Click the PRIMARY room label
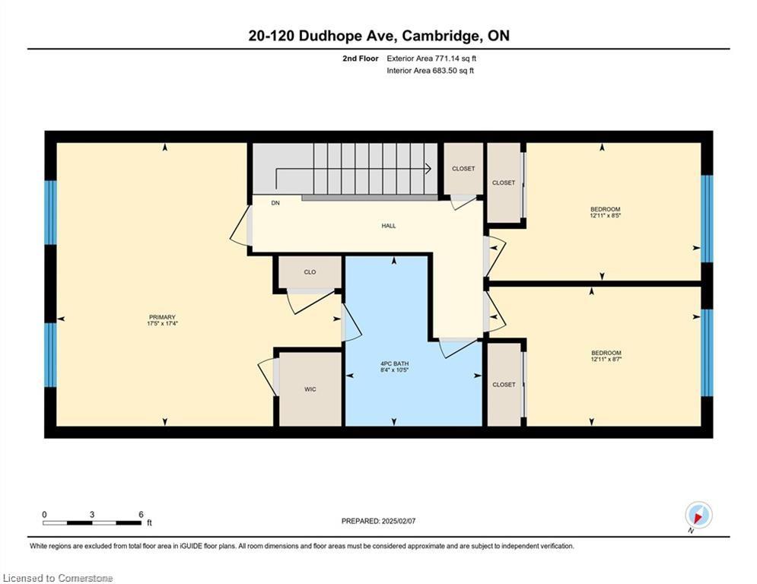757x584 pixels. (x=162, y=317)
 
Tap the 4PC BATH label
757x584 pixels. (x=394, y=363)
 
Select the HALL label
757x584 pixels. (x=389, y=225)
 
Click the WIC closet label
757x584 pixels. (x=310, y=389)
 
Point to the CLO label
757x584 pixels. (x=310, y=272)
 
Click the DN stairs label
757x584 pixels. (x=275, y=203)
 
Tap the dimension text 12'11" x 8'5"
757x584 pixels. (x=605, y=216)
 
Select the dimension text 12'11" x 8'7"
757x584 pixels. (x=605, y=359)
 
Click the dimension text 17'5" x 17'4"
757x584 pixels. (x=162, y=324)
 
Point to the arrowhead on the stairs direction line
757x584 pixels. (x=428, y=169)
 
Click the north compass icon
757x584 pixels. (x=698, y=516)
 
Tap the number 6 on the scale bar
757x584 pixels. (x=141, y=515)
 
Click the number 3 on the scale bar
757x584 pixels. (x=92, y=515)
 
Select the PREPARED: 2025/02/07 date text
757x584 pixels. (x=379, y=521)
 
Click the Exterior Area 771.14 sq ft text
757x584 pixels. (x=431, y=59)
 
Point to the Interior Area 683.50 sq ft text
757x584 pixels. (x=430, y=71)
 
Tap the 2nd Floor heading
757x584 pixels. (x=361, y=59)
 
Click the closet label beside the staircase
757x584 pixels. (x=463, y=169)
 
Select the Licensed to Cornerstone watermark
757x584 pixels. (x=58, y=578)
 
